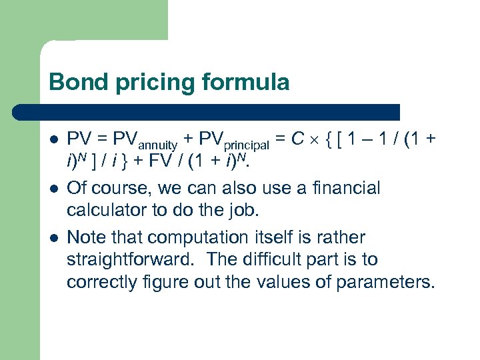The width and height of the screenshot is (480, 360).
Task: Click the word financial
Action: pos(342,188)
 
